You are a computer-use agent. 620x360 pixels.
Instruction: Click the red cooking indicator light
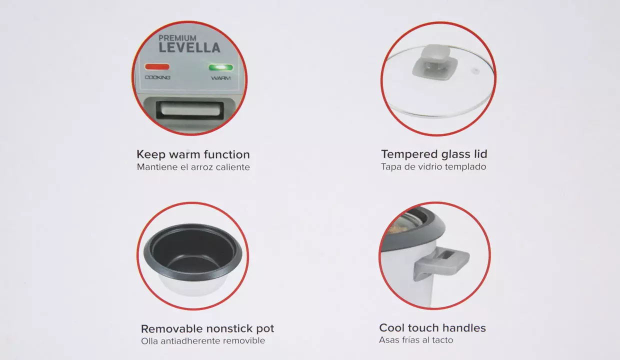[x=157, y=66]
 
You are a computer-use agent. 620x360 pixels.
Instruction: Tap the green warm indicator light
[x=220, y=67]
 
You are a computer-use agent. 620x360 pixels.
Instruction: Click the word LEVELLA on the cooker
[x=189, y=47]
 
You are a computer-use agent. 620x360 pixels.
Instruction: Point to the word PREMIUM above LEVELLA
[x=177, y=38]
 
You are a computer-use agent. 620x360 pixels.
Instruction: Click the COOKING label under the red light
[x=157, y=77]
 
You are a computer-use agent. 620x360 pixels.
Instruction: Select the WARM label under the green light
[x=220, y=78]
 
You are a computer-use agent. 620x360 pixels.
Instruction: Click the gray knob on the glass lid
[x=435, y=62]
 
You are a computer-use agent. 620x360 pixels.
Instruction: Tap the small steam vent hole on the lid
[x=475, y=71]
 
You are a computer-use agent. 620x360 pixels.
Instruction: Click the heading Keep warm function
[x=193, y=154]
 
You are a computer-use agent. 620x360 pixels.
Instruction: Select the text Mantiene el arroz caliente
[x=193, y=167]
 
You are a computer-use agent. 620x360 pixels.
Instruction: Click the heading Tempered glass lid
[x=434, y=154]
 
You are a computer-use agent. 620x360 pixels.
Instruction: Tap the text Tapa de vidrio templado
[x=433, y=167]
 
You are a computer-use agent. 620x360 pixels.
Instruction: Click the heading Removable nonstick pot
[x=207, y=329]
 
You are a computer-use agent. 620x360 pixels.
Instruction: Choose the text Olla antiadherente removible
[x=203, y=341]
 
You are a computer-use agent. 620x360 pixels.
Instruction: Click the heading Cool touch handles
[x=432, y=328]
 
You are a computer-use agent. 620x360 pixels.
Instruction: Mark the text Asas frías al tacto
[x=416, y=340]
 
